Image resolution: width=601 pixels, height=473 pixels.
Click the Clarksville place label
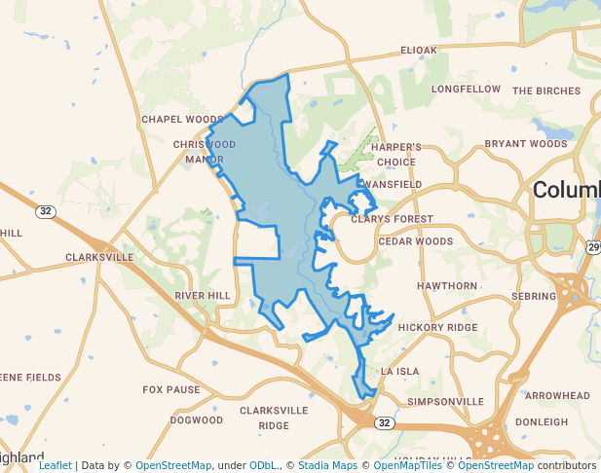point(99,257)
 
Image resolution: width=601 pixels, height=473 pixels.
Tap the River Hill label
point(203,295)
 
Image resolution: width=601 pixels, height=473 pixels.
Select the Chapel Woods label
point(182,120)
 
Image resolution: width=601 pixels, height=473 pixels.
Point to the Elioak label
point(419,50)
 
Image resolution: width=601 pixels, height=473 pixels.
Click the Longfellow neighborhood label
point(466,89)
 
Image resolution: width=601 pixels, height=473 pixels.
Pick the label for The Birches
point(546,91)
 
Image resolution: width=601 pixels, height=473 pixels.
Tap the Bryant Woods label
point(526,143)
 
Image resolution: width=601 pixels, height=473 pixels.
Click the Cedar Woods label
point(416,241)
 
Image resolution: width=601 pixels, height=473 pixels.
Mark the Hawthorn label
point(447,286)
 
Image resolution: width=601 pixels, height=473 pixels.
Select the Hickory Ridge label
point(437,327)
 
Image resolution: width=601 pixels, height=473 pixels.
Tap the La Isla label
point(399,371)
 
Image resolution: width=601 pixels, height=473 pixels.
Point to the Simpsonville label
point(445,401)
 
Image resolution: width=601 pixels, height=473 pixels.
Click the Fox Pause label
point(171,389)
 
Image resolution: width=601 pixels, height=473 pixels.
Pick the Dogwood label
point(197,420)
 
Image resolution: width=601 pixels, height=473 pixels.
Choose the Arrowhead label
point(557,396)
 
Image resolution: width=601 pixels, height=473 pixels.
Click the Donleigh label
point(541,421)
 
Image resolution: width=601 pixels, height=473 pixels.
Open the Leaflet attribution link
point(56,465)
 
